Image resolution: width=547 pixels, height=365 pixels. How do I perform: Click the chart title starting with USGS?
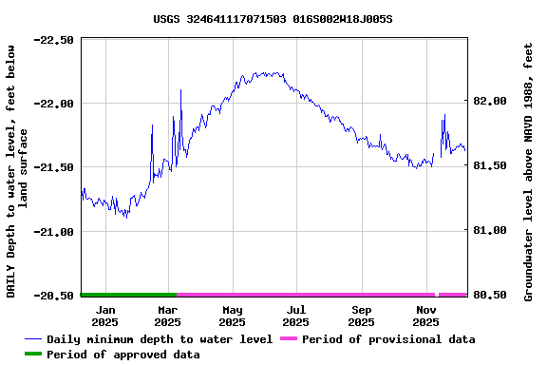(273, 19)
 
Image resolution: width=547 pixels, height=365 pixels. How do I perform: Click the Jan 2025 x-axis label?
(105, 316)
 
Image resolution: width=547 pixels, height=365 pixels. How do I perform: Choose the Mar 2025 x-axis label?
(168, 316)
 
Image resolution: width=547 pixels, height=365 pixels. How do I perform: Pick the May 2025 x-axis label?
(232, 316)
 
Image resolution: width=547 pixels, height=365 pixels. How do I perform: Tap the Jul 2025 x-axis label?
(296, 316)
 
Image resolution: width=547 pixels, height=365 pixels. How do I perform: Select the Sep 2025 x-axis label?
(361, 316)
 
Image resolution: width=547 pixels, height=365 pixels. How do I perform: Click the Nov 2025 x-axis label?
(425, 316)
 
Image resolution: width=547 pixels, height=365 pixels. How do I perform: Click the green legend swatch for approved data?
(32, 355)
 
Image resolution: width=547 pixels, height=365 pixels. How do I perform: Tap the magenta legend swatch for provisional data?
(288, 339)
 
